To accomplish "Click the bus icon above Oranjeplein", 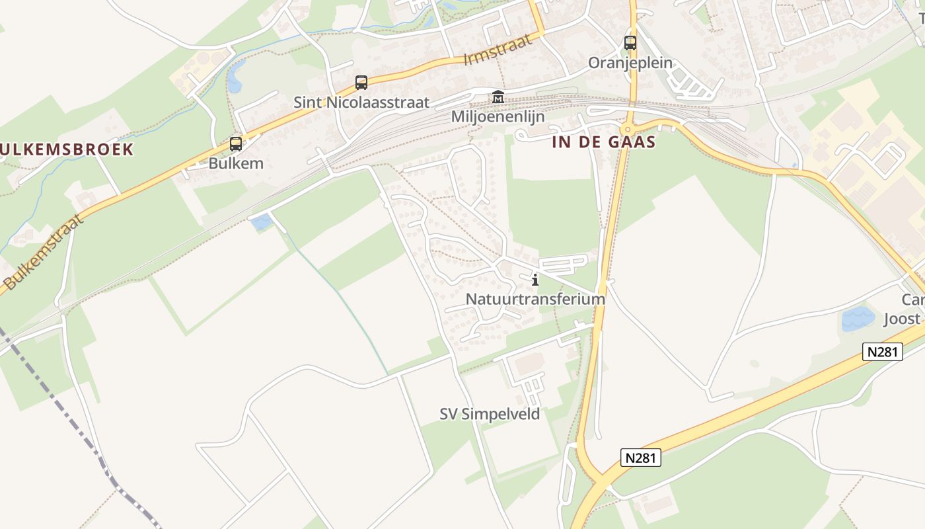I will point(630,43).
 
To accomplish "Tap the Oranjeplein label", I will point(630,63).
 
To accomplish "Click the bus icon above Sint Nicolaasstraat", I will point(361,83).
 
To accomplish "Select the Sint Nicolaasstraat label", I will point(361,102).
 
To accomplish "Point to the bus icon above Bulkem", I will point(235,143).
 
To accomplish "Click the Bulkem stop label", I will point(236,163).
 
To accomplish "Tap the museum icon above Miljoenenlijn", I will point(498,97).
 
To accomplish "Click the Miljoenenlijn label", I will point(498,117).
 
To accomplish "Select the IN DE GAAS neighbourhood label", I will point(604,142).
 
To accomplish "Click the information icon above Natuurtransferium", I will point(535,280).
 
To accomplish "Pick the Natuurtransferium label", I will point(535,299).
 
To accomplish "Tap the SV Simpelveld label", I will point(490,414).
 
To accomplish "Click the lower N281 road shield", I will point(641,458).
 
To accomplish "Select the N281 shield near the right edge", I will point(882,352).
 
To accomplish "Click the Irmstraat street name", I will point(498,50).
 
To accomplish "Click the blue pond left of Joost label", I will point(858,319).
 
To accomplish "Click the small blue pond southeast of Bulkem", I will point(262,222).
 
